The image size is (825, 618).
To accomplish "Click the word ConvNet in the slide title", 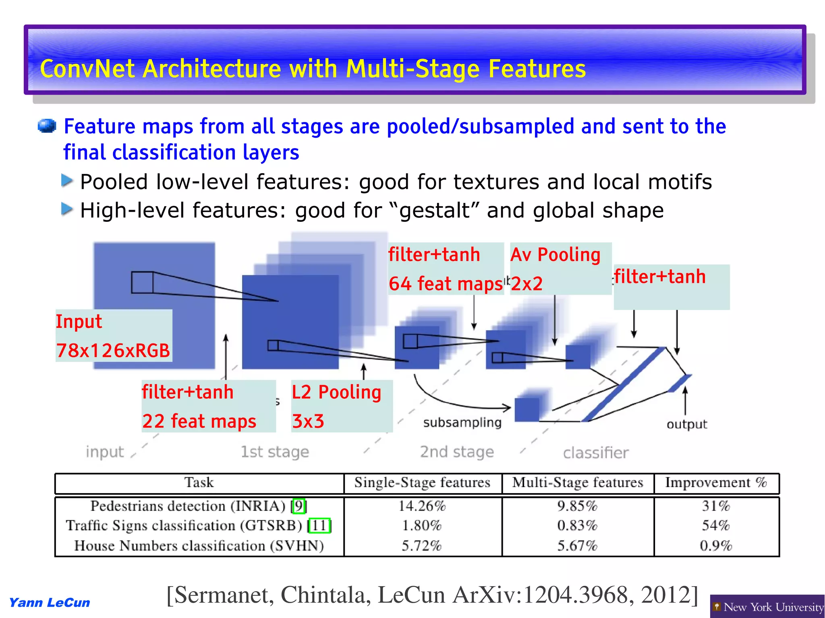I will point(87,69).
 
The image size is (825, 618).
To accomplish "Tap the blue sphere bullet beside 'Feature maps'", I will point(46,126).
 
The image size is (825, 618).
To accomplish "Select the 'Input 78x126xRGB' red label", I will point(113,336).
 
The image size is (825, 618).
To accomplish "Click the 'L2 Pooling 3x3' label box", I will point(341,406).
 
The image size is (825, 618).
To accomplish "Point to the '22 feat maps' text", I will point(199,422).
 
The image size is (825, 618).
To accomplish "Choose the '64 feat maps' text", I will point(446,283).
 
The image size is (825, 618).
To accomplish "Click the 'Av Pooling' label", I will point(555,255).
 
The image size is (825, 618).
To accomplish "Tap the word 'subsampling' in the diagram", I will point(462,422).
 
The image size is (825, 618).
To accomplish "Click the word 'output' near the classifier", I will point(686,424).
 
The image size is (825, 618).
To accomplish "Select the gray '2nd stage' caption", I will point(456,452).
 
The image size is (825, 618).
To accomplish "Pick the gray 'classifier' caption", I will point(595,453).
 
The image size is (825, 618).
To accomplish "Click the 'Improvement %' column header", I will point(715,483).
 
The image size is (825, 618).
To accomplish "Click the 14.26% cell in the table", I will point(422,506).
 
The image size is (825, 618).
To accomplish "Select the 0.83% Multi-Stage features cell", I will point(577,525).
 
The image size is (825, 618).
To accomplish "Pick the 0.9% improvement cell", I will point(715,546).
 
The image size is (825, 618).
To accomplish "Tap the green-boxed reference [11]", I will point(319,525).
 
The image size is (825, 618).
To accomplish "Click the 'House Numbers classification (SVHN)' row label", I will point(199,546).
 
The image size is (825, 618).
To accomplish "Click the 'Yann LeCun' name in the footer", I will point(50,603).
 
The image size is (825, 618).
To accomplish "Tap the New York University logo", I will point(767,607).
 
